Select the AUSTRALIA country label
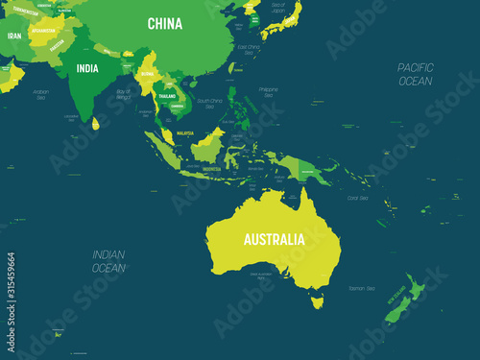coord(274,238)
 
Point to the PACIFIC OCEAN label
coord(416,73)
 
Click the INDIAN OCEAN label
coord(108,261)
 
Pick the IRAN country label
coord(13,36)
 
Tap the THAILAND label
coord(167,97)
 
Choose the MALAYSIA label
coord(185,134)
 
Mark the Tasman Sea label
coord(363,289)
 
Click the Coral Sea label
coord(357,199)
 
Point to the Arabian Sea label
coord(39,93)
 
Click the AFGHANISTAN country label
coord(44,30)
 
